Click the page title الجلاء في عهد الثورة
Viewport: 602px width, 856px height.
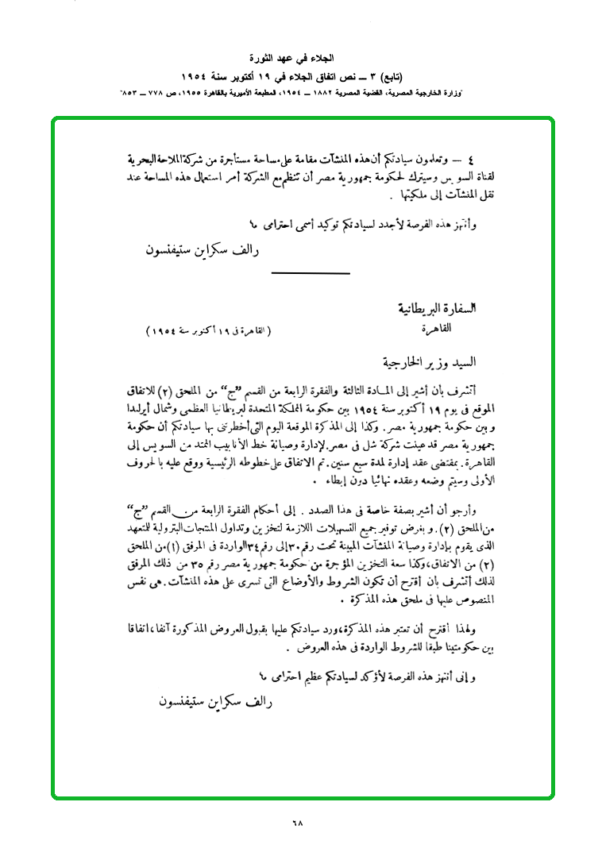point(300,59)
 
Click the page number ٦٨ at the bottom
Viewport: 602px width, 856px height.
point(299,822)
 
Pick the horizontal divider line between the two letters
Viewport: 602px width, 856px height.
point(311,272)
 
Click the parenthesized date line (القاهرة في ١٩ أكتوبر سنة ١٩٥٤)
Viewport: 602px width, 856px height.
point(209,330)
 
